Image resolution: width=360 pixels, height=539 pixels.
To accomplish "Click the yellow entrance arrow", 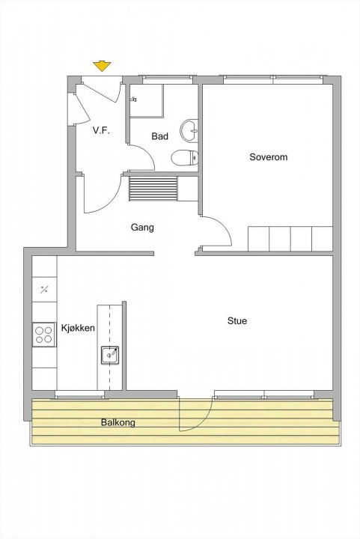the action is [102, 66].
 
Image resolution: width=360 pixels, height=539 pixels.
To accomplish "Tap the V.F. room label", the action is [101, 130].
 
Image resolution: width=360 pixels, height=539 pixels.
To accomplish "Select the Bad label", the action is [159, 136].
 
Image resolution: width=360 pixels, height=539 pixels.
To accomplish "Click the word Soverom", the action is [268, 157].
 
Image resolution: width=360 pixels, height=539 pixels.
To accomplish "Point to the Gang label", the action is [142, 228].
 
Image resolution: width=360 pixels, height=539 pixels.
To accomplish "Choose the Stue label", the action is [237, 320].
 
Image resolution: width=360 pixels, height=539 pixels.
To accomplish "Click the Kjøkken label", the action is [78, 328].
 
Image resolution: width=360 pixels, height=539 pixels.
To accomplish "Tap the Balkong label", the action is [118, 422].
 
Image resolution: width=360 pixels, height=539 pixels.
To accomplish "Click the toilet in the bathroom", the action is [184, 158].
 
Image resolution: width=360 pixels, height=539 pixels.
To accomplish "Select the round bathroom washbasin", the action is [189, 130].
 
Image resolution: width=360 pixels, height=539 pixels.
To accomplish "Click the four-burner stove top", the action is [44, 335].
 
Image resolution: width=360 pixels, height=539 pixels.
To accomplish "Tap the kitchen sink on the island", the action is [110, 355].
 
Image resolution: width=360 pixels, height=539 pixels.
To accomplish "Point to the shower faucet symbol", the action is [134, 100].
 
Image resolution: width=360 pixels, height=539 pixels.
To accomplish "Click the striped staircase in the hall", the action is [153, 189].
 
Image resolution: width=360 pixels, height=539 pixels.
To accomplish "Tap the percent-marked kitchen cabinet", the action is [44, 290].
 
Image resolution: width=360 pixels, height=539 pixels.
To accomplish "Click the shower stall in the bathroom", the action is [147, 100].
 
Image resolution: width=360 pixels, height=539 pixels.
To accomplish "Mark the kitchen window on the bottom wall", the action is [79, 395].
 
